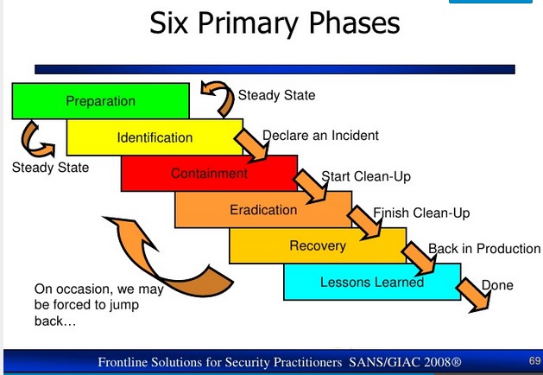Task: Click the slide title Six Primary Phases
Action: pos(275,24)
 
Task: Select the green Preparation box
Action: pos(100,101)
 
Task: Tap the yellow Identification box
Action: pos(155,137)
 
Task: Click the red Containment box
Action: pos(209,173)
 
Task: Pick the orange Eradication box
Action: pos(263,209)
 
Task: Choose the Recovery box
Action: pos(317,245)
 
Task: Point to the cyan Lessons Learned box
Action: pos(371,282)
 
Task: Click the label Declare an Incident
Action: pos(320,136)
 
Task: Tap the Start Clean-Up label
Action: pos(366,177)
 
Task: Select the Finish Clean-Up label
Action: pos(421,213)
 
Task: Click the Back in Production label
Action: pos(484,249)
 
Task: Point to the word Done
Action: pos(497,285)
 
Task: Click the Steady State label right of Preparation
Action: pos(276,95)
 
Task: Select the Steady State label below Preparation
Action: pos(50,167)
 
